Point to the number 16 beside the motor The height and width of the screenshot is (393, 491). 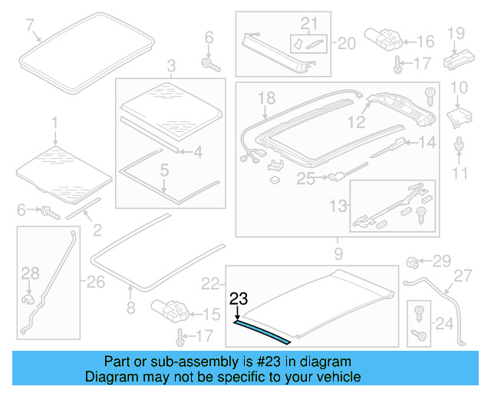(426, 41)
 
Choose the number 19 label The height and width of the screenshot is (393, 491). (456, 32)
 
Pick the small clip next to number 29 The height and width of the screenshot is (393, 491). (411, 263)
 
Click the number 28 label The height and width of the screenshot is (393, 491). (30, 272)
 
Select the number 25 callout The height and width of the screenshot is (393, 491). (305, 179)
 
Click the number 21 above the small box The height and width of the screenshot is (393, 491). (308, 24)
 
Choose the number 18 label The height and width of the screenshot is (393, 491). (265, 98)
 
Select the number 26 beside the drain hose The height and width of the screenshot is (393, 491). (95, 282)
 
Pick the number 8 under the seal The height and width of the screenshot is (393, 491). (130, 309)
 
